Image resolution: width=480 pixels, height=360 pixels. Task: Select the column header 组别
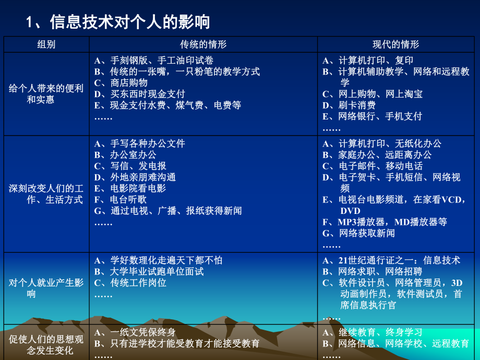coord(46,44)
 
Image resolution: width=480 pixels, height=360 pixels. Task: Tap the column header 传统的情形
coord(203,44)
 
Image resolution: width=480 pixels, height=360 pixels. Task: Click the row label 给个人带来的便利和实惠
coord(46,94)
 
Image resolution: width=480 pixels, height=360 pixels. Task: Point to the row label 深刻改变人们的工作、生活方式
coord(46,194)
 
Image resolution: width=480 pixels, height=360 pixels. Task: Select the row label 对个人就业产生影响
coord(46,289)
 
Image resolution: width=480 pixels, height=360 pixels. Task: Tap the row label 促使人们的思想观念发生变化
coord(46,344)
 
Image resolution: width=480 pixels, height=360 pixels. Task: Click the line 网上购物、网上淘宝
coord(373,94)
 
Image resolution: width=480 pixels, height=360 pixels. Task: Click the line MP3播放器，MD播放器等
coord(385,222)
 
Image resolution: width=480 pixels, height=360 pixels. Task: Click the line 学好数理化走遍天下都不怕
coord(159,260)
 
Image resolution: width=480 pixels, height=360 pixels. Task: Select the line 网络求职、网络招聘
coord(373,271)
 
